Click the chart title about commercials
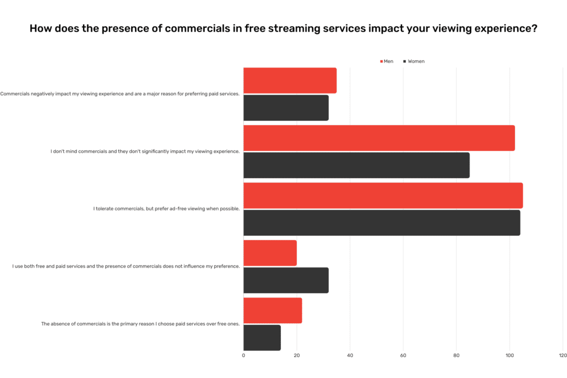click(x=283, y=28)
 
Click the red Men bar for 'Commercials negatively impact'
click(x=290, y=81)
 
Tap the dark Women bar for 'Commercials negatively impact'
click(x=286, y=108)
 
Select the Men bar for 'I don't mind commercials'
click(x=379, y=138)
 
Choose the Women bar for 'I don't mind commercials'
click(x=356, y=165)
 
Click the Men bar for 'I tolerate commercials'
click(x=383, y=195)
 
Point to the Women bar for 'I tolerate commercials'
click(x=382, y=223)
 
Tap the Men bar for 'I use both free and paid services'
click(x=270, y=253)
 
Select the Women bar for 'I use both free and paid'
click(x=286, y=281)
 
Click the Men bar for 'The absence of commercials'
click(x=272, y=310)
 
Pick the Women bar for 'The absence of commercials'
click(x=262, y=338)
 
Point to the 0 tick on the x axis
click(x=244, y=356)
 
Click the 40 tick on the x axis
click(x=350, y=356)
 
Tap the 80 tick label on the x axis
click(x=456, y=356)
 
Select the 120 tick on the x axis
click(x=562, y=356)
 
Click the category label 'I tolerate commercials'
click(x=166, y=209)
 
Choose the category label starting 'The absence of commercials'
click(x=140, y=324)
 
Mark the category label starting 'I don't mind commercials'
click(x=145, y=152)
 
